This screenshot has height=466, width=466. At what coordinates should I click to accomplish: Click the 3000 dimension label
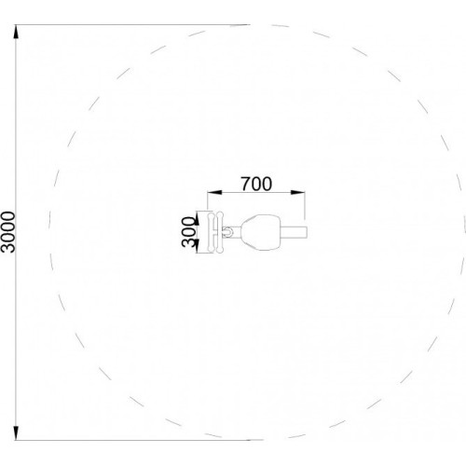click(x=8, y=232)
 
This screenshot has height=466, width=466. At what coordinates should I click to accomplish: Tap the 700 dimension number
click(x=256, y=184)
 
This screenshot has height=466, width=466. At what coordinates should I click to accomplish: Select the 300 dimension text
click(x=188, y=232)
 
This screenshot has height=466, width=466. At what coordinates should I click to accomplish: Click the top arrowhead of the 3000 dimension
click(x=16, y=32)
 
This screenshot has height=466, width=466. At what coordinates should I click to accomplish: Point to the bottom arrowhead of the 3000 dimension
click(x=16, y=432)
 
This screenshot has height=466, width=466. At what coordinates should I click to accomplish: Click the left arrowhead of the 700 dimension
click(x=214, y=193)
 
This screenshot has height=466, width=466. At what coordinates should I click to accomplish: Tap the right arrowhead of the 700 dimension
click(x=297, y=193)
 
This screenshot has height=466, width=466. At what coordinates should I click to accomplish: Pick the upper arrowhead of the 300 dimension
click(x=197, y=219)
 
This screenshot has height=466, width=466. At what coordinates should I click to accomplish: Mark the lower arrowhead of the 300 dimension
click(x=197, y=245)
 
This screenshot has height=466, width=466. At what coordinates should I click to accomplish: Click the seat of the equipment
click(x=261, y=232)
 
